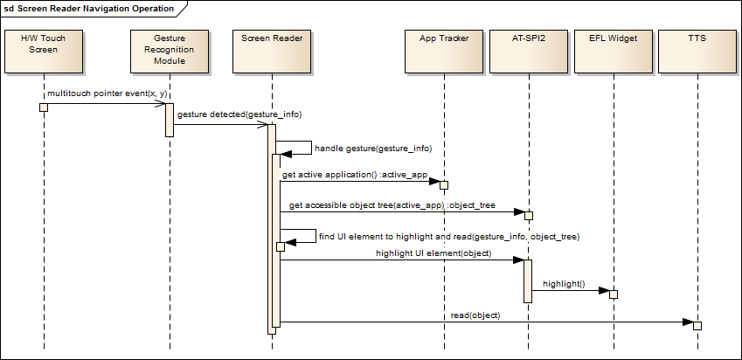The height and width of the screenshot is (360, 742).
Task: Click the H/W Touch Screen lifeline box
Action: [x=43, y=52]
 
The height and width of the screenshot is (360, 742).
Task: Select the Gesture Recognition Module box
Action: [x=169, y=52]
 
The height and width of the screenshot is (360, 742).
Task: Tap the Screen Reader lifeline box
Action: [x=271, y=52]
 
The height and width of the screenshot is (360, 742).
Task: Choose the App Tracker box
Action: [x=443, y=52]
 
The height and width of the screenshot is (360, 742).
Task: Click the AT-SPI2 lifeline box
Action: [x=528, y=52]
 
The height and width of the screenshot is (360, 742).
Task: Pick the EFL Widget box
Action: [x=613, y=52]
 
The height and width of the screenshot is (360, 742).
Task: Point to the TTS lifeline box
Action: [x=697, y=52]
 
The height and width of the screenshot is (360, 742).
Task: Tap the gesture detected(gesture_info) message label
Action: [x=239, y=114]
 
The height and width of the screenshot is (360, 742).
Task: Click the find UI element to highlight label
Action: [x=449, y=237]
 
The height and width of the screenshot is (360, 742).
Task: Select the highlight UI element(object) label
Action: [x=433, y=253]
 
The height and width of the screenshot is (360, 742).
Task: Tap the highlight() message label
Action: [x=564, y=285]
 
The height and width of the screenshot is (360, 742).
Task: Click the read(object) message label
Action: [x=475, y=315]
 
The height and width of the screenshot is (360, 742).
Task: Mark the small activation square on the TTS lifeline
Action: [x=697, y=325]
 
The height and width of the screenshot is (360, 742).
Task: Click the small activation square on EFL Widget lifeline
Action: [x=613, y=294]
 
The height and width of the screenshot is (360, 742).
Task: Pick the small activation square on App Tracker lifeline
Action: [x=443, y=185]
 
